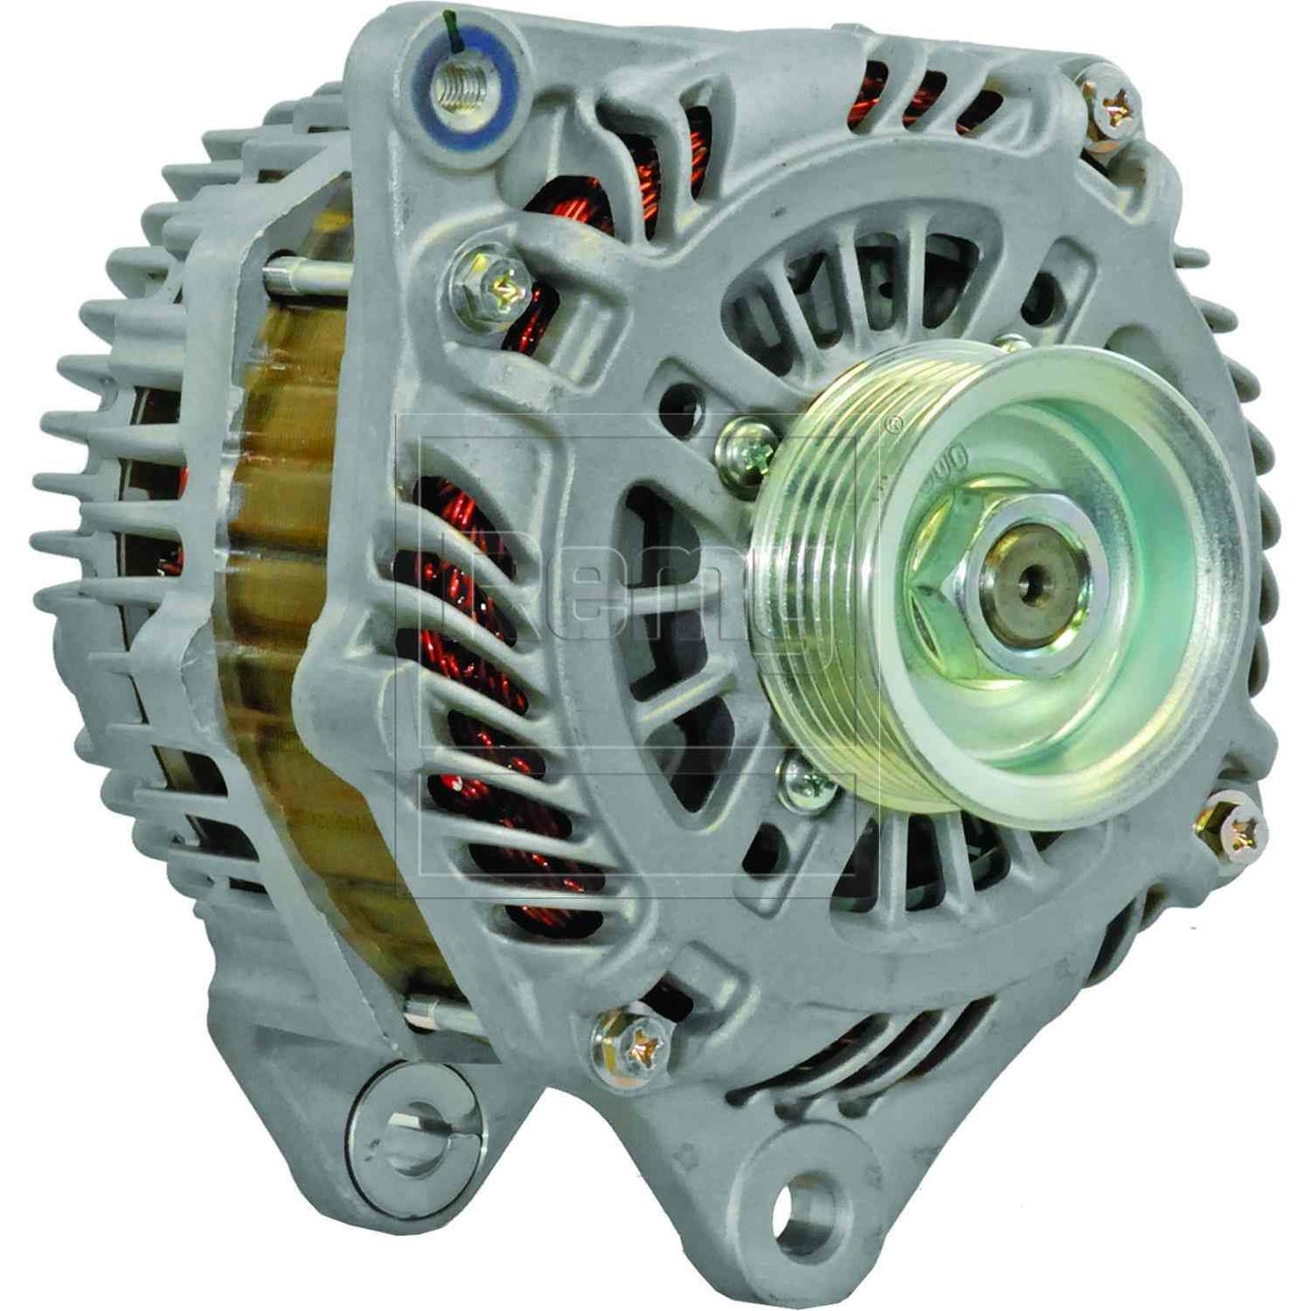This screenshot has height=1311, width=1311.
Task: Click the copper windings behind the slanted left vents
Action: tap(490, 690)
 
